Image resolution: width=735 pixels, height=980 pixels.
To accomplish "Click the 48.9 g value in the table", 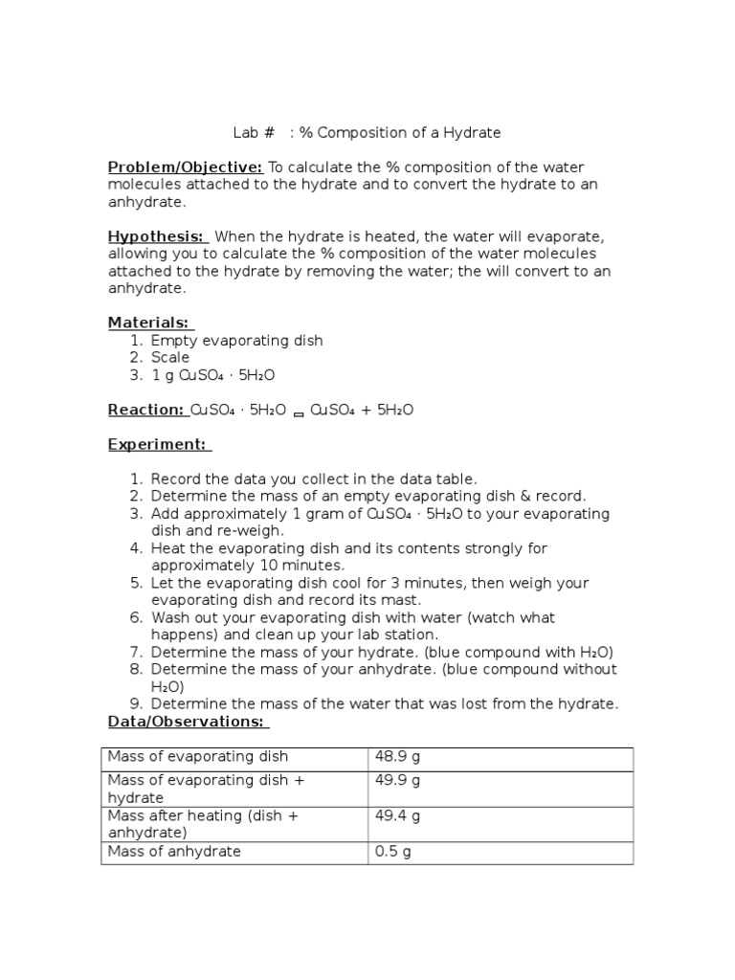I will tap(397, 757).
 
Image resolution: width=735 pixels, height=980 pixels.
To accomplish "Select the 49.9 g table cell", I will tap(397, 780).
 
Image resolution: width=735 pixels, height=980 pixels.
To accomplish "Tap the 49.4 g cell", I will tap(397, 815).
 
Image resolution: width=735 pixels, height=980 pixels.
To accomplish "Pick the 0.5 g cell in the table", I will tap(392, 851).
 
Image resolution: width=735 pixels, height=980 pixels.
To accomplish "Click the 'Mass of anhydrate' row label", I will tap(174, 851).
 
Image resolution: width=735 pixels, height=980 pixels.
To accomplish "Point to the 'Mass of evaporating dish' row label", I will tap(197, 757).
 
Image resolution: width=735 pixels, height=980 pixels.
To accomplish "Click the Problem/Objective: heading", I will tap(185, 167).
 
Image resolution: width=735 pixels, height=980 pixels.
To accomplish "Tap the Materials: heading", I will tap(149, 323).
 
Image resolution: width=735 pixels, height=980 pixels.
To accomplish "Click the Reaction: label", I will tap(146, 410).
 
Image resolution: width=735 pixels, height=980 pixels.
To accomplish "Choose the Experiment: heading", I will tap(158, 444).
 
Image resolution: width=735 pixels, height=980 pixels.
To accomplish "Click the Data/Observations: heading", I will tap(189, 721).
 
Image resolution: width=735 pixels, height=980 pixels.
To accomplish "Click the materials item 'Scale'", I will tap(170, 358).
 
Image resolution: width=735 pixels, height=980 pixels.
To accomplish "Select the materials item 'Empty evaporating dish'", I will tap(236, 341).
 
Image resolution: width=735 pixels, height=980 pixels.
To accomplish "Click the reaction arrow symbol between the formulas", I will tap(298, 412).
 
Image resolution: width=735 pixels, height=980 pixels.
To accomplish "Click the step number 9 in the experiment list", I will tap(136, 703).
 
